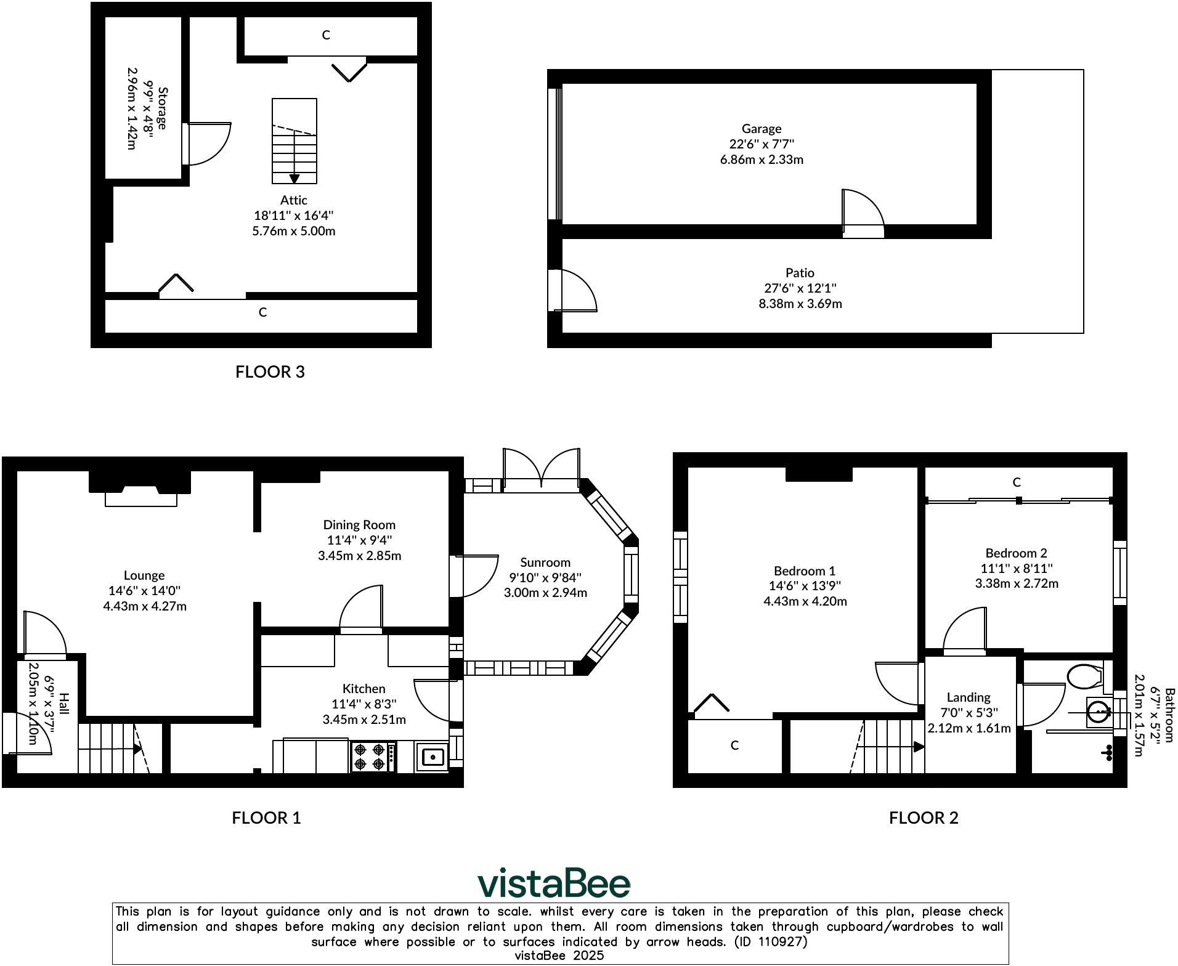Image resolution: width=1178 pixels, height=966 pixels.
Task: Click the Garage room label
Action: (x=761, y=129)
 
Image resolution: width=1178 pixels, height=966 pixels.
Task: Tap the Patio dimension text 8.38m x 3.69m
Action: (x=800, y=304)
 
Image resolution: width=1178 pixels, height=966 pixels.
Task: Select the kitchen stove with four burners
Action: (x=373, y=757)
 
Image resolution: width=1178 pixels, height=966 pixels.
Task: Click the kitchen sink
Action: (x=433, y=757)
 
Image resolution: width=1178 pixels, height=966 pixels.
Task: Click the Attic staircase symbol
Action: (x=294, y=142)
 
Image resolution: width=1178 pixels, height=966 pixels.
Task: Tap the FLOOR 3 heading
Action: (x=270, y=371)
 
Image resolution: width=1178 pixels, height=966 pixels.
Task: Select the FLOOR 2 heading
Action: (x=923, y=818)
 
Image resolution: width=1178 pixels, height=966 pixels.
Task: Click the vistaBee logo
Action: (x=554, y=883)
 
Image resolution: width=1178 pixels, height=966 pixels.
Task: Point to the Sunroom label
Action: (x=545, y=562)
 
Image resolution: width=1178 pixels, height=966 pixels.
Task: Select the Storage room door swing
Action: (x=208, y=144)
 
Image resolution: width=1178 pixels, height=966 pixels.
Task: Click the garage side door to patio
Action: (x=863, y=213)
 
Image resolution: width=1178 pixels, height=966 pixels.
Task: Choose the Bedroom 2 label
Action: (x=1016, y=553)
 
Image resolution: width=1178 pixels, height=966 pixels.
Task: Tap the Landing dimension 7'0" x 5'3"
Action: (x=969, y=713)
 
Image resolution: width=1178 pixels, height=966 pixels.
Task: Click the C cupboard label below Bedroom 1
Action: (x=734, y=745)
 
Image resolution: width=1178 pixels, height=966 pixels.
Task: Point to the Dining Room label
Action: (x=359, y=525)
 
